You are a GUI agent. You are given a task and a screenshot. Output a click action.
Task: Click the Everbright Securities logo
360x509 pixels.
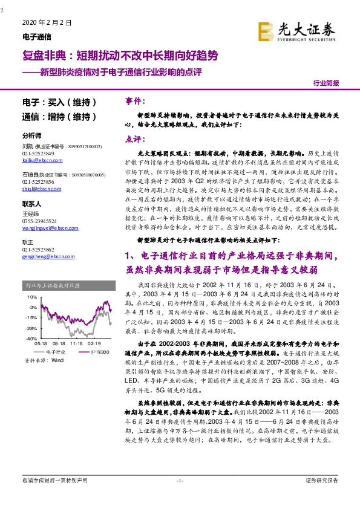[x=297, y=30]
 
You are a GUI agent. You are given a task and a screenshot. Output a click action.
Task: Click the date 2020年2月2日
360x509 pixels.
[x=47, y=22]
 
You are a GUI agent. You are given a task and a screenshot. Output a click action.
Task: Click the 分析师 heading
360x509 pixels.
[x=31, y=136]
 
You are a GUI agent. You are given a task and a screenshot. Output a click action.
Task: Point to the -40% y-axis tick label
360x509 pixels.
[x=31, y=339]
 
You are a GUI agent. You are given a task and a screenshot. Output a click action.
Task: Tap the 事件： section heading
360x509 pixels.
[x=136, y=100]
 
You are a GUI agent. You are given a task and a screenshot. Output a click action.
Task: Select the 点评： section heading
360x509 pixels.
[x=136, y=138]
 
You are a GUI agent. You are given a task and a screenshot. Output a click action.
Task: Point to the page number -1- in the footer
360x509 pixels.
[x=179, y=481]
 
